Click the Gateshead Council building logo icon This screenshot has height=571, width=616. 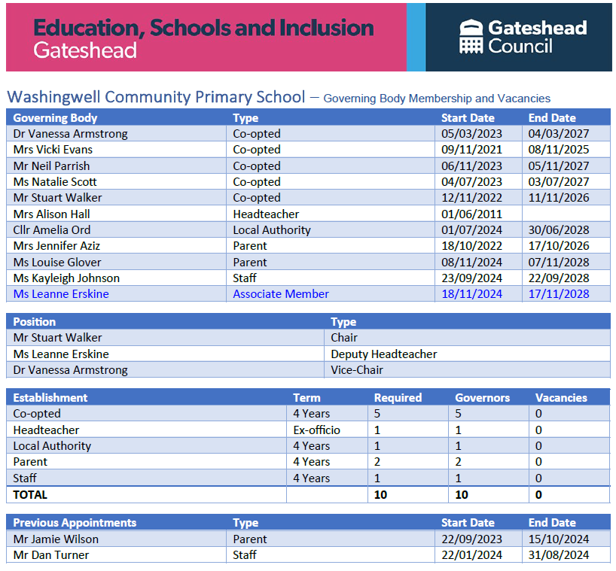click(471, 37)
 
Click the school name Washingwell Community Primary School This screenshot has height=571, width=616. click(156, 97)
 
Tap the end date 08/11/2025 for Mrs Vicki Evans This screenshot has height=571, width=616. click(559, 150)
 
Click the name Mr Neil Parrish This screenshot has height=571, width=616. click(51, 166)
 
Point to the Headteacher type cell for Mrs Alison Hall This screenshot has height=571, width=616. click(267, 214)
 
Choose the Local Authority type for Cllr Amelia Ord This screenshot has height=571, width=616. click(272, 229)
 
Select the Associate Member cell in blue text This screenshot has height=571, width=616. click(281, 294)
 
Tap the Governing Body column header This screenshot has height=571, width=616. click(55, 118)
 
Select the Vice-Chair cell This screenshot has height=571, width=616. click(357, 370)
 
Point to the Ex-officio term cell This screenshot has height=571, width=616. click(316, 430)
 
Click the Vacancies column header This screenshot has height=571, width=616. click(561, 397)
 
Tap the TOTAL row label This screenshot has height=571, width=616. click(30, 494)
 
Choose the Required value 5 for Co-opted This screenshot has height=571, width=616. click(377, 414)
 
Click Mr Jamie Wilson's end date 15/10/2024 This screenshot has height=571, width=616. click(559, 539)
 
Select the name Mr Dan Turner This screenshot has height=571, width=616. click(51, 555)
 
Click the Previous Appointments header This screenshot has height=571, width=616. click(75, 523)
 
